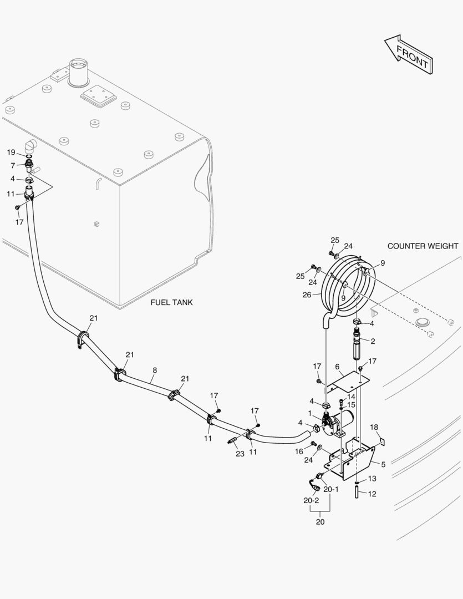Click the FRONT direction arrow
tap(409, 54)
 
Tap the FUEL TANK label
tap(172, 302)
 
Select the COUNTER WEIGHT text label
tap(423, 246)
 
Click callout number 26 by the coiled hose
tap(307, 295)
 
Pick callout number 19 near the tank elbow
tap(11, 153)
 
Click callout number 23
tap(240, 454)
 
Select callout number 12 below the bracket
tap(372, 494)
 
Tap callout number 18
tap(374, 427)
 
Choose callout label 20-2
tap(311, 500)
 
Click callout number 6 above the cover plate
tap(337, 367)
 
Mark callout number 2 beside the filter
tap(373, 341)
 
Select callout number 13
tap(372, 478)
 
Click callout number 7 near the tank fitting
tap(13, 165)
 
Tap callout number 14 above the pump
tap(351, 397)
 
